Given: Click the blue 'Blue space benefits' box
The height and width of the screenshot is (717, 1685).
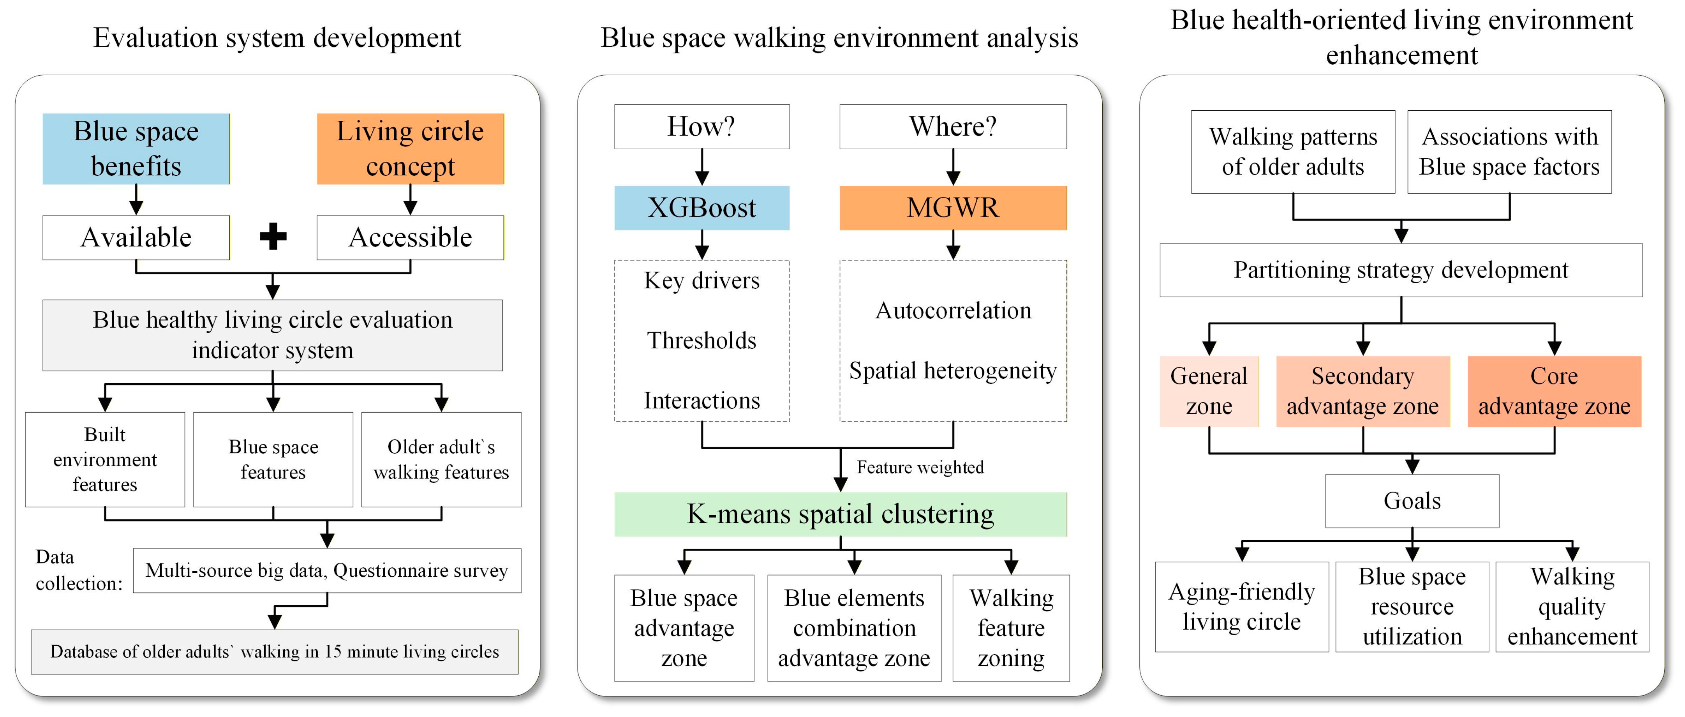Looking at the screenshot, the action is [x=136, y=148].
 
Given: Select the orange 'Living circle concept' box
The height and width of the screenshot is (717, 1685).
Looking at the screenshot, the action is [x=410, y=148].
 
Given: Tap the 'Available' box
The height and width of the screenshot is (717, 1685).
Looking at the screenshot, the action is [x=136, y=237].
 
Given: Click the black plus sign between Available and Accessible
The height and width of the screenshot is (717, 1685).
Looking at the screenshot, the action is [x=273, y=237].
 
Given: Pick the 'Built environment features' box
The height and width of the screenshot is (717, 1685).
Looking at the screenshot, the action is [x=105, y=459].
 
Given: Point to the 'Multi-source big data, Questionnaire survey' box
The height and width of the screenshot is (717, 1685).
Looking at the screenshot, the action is [x=327, y=570].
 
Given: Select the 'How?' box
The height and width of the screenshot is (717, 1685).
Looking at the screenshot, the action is [x=702, y=126].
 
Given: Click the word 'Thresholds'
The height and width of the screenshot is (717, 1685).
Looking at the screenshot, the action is [x=702, y=340].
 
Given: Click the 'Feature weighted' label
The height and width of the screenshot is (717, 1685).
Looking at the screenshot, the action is [x=920, y=467].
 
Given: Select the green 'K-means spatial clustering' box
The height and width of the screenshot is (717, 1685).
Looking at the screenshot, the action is [x=841, y=514].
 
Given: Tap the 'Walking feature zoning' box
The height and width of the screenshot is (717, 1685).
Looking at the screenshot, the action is [x=1011, y=628].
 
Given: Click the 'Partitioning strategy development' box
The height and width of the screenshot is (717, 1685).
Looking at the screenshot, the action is [x=1401, y=270].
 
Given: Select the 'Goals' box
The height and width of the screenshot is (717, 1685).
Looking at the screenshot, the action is [x=1412, y=501].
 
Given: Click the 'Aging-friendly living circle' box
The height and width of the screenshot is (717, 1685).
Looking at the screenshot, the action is [x=1241, y=606].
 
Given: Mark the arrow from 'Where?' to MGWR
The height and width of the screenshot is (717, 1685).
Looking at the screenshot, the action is [x=954, y=167].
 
